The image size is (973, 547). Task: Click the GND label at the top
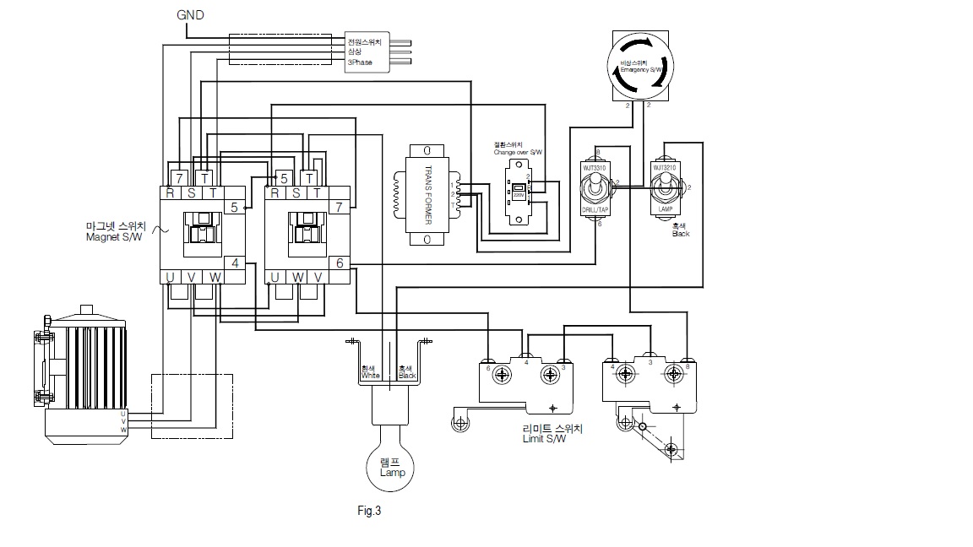pos(190,15)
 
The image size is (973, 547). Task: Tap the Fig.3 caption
pos(370,511)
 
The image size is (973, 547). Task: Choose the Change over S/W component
pos(517,193)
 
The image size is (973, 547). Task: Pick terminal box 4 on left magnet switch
pos(234,263)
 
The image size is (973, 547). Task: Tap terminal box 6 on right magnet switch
pos(339,263)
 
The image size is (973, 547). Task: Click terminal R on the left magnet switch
pos(171,193)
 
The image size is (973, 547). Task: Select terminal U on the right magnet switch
pos(275,278)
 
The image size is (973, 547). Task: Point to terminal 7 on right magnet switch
pos(339,206)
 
